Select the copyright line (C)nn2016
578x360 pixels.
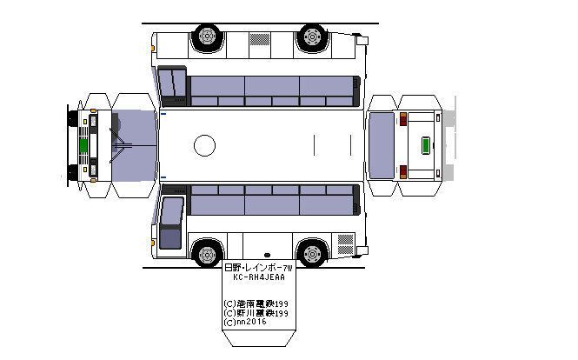245,322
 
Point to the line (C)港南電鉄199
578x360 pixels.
256,303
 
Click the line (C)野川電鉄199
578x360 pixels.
256,312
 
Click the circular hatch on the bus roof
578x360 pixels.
204,145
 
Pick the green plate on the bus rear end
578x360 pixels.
424,144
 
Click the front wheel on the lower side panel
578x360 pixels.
206,254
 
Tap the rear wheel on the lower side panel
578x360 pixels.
310,254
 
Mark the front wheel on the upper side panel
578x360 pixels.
206,37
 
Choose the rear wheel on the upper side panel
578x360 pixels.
310,37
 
